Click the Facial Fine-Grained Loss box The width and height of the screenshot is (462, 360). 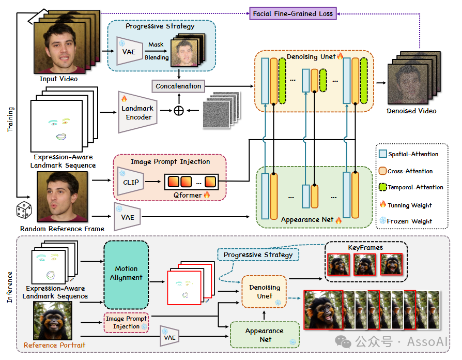292,13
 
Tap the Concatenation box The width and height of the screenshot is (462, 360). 178,86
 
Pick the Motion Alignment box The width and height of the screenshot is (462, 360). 126,273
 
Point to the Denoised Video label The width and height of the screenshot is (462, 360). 411,111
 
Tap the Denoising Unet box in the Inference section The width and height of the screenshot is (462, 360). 264,292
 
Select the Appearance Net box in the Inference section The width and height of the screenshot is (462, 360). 264,335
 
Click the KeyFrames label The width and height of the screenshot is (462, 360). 365,248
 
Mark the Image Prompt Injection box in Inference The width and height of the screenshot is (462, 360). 126,322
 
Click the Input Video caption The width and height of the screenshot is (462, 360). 59,79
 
